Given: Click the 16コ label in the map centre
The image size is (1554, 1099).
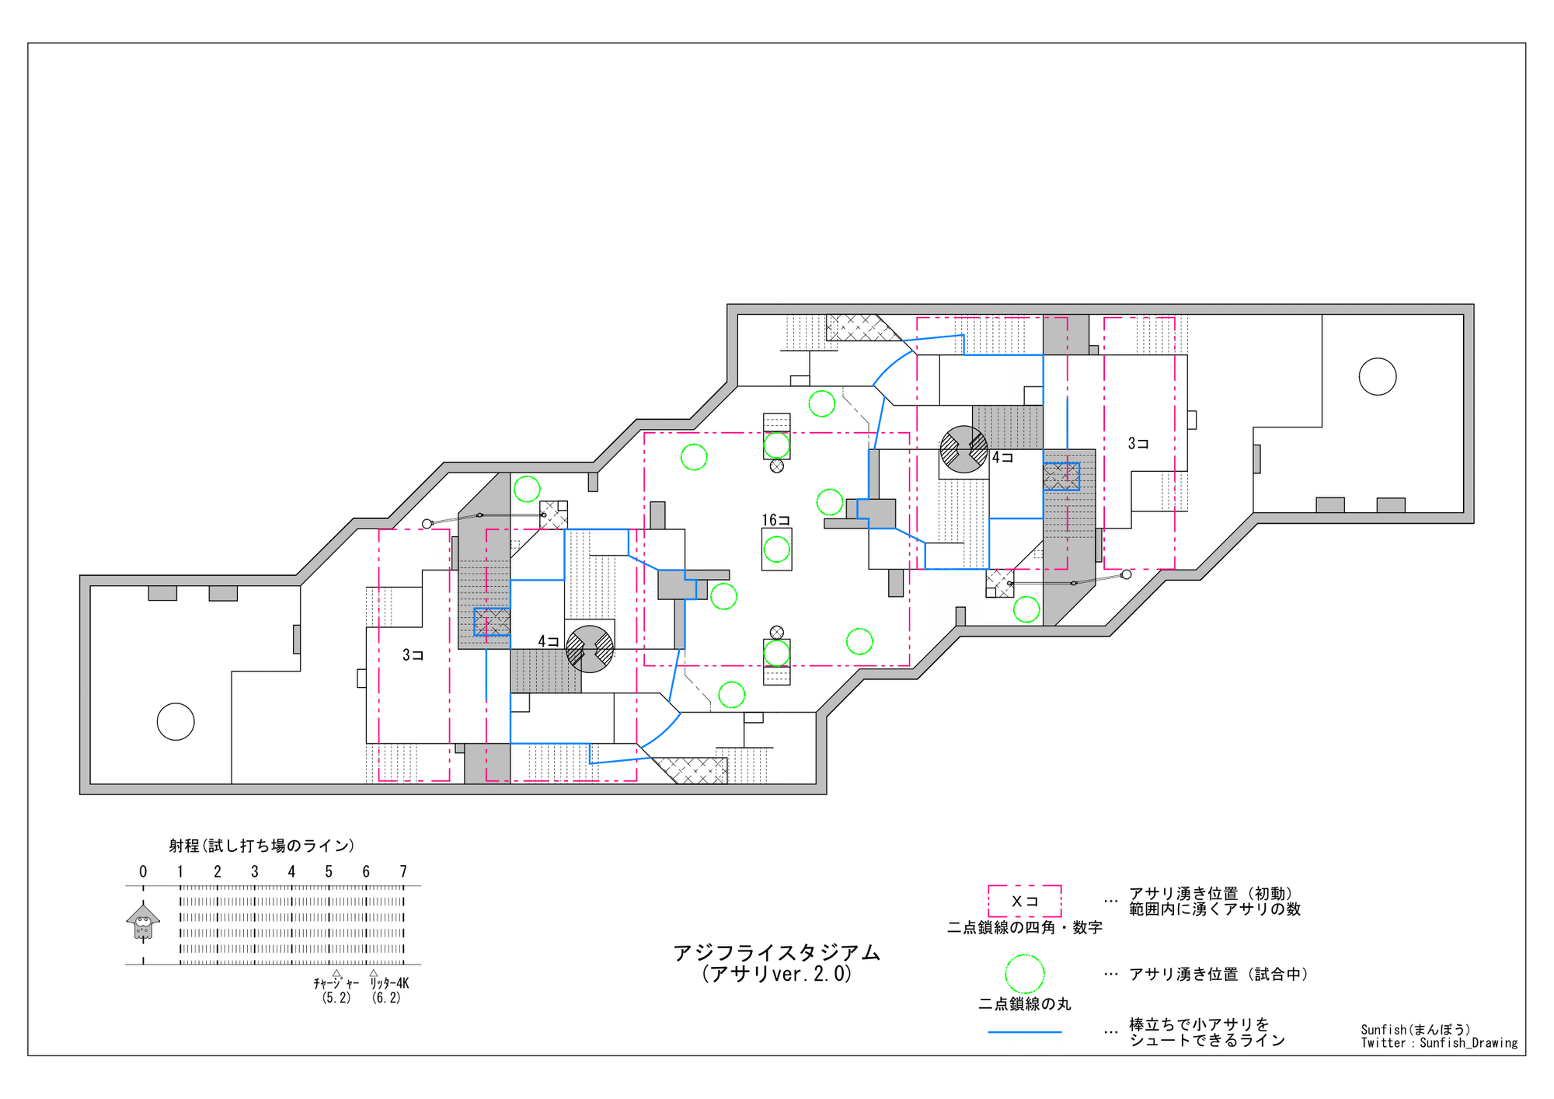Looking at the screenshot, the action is (775, 520).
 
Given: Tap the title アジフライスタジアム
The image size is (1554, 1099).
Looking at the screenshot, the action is (776, 953).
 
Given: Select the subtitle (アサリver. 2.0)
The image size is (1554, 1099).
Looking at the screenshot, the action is (776, 974).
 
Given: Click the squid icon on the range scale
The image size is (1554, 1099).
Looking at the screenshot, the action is (143, 922).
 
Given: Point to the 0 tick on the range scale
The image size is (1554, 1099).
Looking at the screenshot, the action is (143, 871).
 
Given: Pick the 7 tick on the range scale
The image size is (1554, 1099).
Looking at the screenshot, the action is (403, 871).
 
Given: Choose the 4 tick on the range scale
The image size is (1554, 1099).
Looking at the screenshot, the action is (291, 871).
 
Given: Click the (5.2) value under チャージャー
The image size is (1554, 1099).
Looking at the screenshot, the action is (336, 998).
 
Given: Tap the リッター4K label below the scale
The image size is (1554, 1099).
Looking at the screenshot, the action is (388, 983).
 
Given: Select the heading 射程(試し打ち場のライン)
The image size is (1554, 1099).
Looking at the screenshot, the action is (262, 846).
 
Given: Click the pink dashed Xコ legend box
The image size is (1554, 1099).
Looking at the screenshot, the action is (1024, 901).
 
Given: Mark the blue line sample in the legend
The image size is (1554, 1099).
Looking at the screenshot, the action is (1025, 1032).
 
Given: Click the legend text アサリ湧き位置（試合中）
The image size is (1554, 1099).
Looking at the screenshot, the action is (1218, 974).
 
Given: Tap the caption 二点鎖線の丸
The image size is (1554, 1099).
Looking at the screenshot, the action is (1024, 1004).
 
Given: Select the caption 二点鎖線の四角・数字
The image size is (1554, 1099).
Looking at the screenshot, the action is (1024, 927).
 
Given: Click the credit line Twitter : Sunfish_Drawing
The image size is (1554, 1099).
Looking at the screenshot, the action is (1439, 1043).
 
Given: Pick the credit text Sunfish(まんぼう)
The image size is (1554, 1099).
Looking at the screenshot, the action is (1416, 1030).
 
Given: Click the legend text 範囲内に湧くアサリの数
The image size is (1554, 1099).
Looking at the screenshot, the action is (1214, 909).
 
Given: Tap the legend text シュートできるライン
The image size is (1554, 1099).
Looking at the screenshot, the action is (1207, 1041).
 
